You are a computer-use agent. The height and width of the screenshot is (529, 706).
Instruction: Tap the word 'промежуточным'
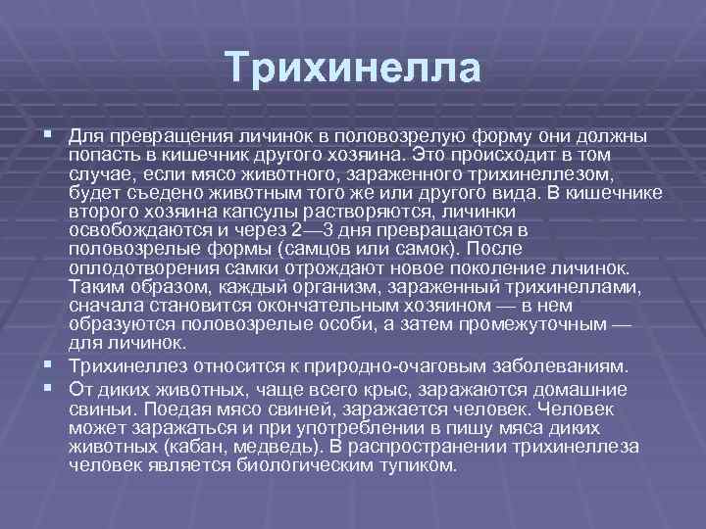point(543,325)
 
